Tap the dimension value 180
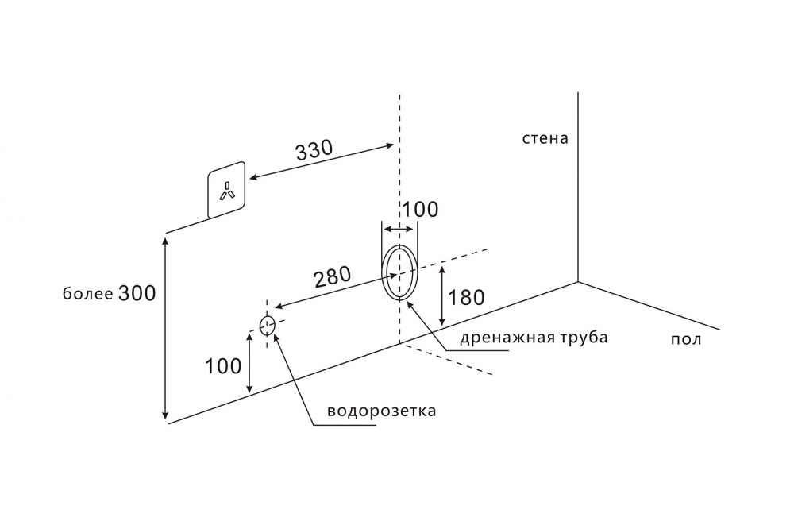(x=466, y=298)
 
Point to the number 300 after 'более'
(x=137, y=293)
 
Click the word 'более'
(x=87, y=295)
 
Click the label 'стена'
(x=545, y=138)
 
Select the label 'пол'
(x=686, y=339)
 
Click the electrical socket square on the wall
(x=226, y=190)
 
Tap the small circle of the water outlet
(x=268, y=324)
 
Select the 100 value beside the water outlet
(x=223, y=366)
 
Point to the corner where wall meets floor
(x=577, y=281)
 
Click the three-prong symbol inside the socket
(x=227, y=191)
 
